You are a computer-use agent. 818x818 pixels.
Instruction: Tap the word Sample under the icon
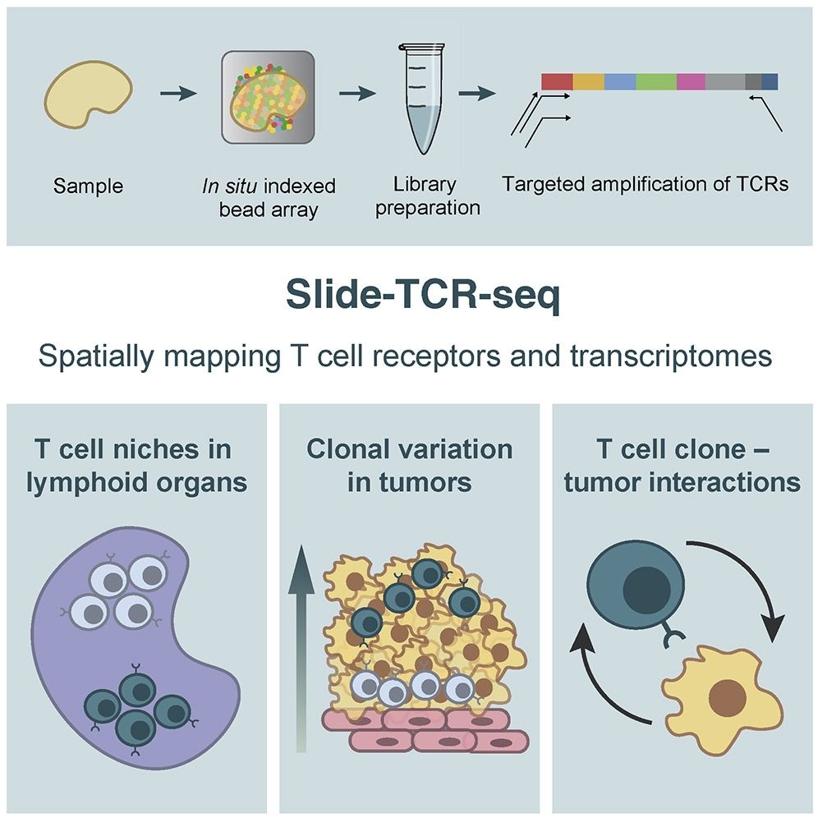coord(88,186)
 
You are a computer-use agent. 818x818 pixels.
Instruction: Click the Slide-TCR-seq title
coord(408,296)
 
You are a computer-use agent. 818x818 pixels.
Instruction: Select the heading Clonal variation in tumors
coord(409,465)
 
